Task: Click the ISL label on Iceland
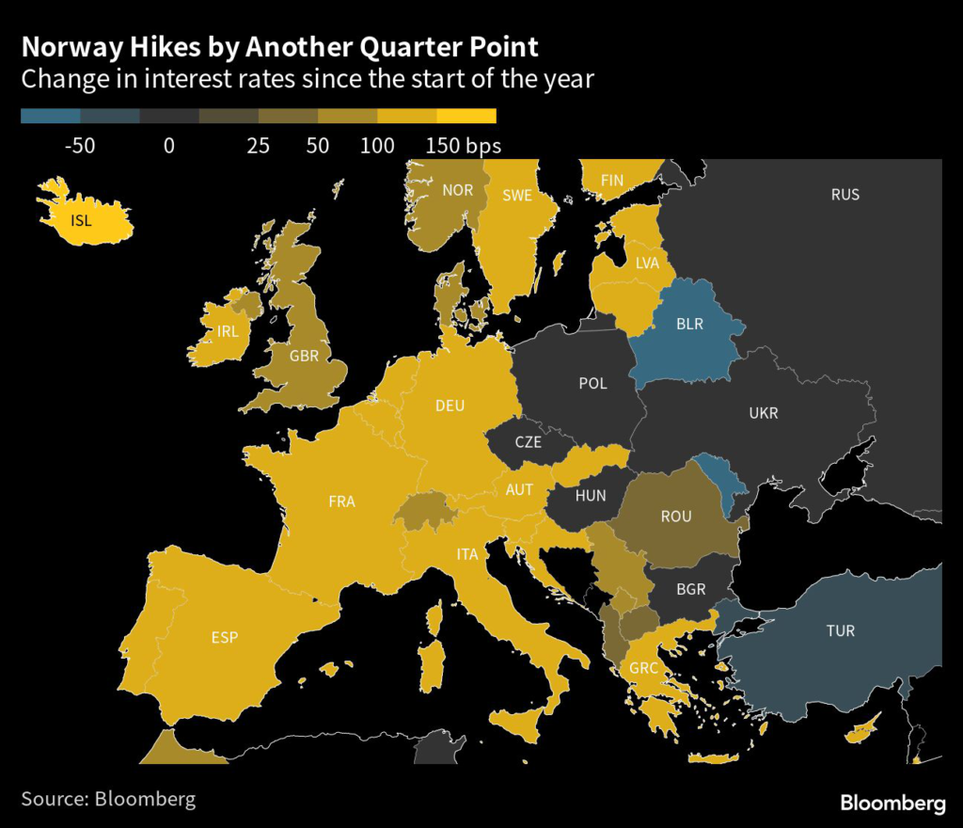(83, 222)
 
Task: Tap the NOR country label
(458, 190)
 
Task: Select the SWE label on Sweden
(517, 196)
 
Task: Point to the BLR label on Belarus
(690, 324)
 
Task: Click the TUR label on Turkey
(841, 630)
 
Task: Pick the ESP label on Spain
(225, 637)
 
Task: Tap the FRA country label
(341, 502)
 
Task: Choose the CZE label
(529, 441)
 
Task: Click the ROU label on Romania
(676, 517)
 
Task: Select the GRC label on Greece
(644, 669)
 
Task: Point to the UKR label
(764, 413)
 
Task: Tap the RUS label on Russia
(845, 195)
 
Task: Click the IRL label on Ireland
(228, 331)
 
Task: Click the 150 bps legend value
(463, 146)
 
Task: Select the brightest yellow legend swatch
(466, 117)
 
